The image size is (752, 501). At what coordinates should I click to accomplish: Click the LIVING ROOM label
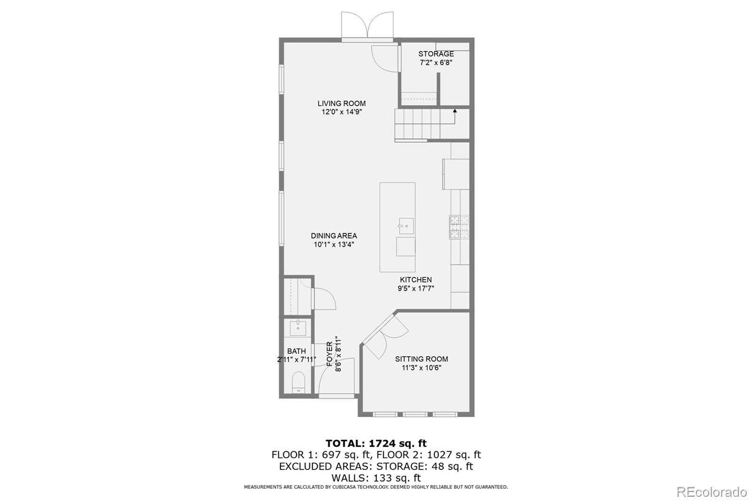[x=341, y=103]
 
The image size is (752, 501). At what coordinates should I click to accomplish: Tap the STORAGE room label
[x=436, y=54]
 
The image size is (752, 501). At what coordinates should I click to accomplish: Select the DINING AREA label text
[x=334, y=236]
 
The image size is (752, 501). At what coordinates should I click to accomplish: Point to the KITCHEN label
[x=415, y=279]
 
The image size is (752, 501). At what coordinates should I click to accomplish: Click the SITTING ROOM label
[x=421, y=359]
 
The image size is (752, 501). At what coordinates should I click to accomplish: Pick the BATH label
[x=297, y=351]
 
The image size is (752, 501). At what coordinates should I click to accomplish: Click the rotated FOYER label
[x=329, y=353]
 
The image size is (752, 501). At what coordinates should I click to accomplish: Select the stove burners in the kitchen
[x=459, y=227]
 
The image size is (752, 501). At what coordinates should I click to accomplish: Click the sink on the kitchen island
[x=406, y=226]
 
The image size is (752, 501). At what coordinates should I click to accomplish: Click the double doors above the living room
[x=367, y=25]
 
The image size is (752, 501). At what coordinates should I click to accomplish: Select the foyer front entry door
[x=337, y=376]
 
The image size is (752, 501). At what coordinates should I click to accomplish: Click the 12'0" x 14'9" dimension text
[x=342, y=112]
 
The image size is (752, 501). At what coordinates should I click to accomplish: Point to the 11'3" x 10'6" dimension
[x=422, y=368]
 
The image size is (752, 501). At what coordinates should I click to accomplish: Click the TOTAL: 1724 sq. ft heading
[x=376, y=443]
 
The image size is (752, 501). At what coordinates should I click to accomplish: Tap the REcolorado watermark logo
[x=712, y=492]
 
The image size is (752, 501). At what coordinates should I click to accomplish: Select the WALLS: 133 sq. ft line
[x=376, y=478]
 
